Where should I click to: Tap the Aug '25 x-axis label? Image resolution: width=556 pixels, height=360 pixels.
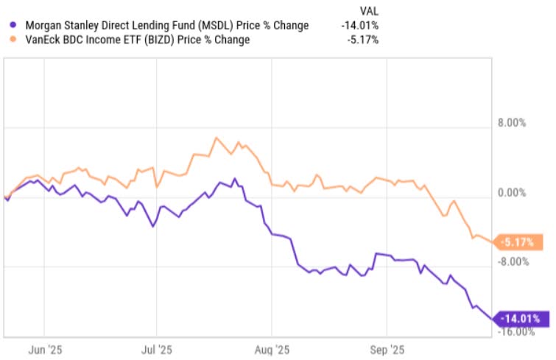coord(273,350)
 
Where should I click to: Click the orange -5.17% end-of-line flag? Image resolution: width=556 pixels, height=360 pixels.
coord(521,241)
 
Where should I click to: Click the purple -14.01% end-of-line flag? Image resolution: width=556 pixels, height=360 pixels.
coord(522,318)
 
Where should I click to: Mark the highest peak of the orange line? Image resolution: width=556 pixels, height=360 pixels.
coord(216,138)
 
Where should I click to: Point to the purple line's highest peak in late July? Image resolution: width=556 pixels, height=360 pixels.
coord(234,178)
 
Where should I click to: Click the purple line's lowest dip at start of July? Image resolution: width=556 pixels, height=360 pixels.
coord(152,226)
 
